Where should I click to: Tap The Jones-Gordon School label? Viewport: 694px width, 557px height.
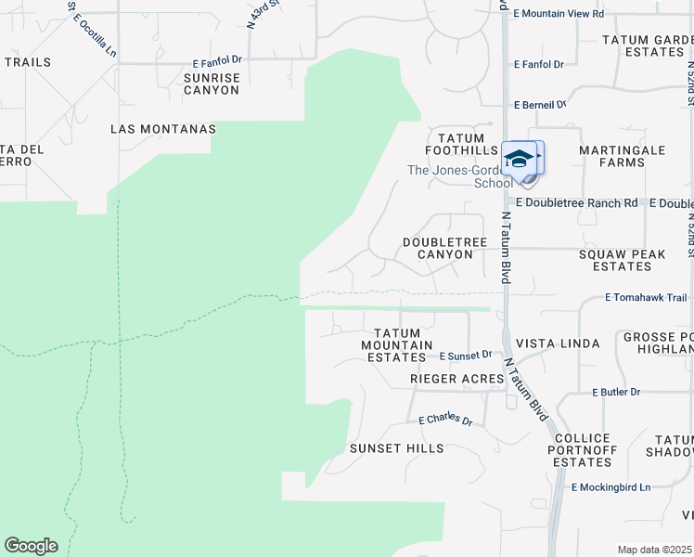click(459, 176)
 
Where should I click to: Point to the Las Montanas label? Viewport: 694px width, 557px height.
click(162, 129)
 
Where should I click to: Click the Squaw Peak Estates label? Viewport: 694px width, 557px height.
click(615, 260)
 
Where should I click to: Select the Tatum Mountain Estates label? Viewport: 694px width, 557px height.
click(397, 344)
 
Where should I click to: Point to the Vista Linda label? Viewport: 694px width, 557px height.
click(557, 343)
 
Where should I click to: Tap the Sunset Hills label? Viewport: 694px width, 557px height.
click(396, 448)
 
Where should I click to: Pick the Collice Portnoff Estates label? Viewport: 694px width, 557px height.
click(582, 450)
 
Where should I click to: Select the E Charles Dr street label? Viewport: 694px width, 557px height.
click(445, 420)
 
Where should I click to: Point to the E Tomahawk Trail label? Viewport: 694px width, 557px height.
click(646, 298)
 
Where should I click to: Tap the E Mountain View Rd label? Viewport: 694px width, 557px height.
click(559, 14)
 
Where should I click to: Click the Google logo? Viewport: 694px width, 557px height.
click(31, 546)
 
